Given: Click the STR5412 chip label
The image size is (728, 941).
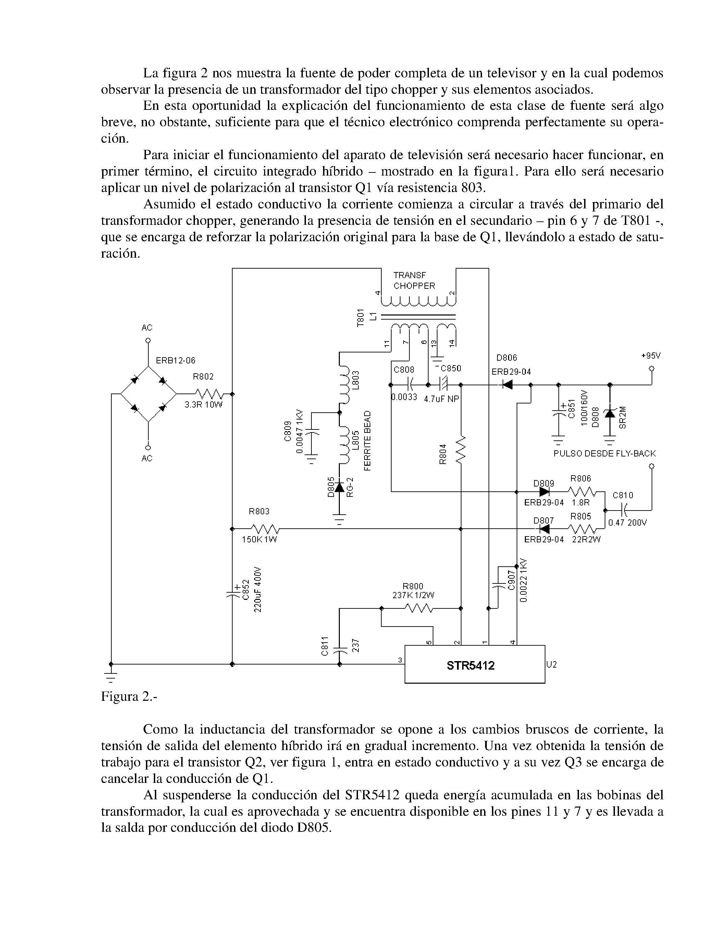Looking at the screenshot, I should [470, 666].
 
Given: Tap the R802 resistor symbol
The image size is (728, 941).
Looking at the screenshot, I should [209, 394].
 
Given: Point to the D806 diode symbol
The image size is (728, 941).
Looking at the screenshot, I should [507, 385].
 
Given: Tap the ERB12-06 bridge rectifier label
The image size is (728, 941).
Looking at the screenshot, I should [175, 360].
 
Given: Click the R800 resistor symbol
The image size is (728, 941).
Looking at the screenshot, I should [419, 608].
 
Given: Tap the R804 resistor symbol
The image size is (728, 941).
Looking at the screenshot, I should [461, 449].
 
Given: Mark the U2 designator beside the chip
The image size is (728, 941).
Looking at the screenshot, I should [552, 665].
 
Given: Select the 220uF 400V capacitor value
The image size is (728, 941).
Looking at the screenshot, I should [258, 589].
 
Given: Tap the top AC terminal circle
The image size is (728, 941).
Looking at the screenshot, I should [148, 341].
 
